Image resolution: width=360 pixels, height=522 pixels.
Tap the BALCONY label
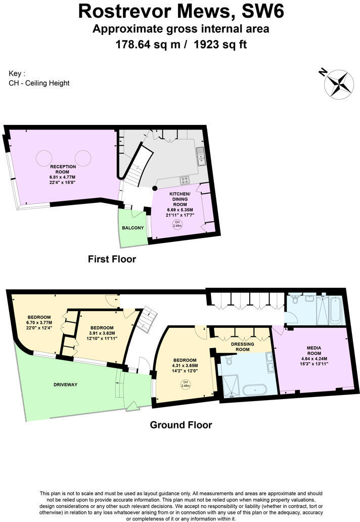tap(133, 228)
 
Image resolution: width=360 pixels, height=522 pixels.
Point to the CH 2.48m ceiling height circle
tap(177, 225)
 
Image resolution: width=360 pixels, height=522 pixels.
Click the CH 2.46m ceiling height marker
tap(186, 384)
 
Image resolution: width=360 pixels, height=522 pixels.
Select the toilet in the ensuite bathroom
tap(229, 362)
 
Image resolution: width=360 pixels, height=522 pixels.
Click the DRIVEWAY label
tap(66, 385)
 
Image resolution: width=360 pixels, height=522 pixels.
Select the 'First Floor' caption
tap(112, 259)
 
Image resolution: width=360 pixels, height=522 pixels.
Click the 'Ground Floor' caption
tap(181, 425)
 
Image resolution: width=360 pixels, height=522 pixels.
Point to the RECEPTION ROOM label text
tap(63, 169)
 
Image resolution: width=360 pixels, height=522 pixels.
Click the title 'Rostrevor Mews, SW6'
tap(180, 11)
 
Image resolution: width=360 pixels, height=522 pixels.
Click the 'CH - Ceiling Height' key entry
tap(39, 83)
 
